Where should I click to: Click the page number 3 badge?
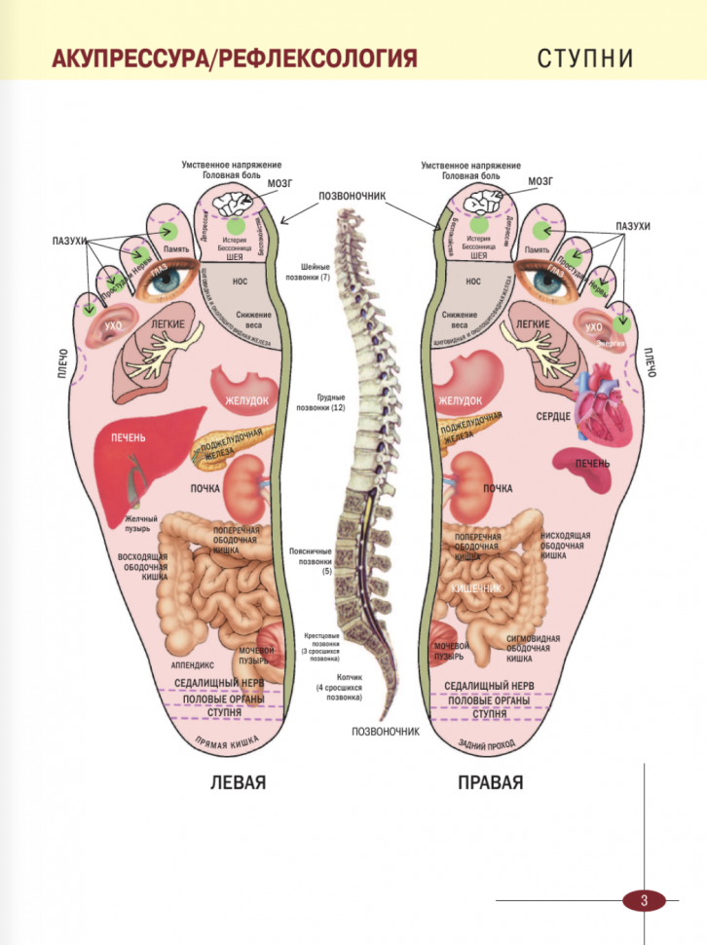coord(643,899)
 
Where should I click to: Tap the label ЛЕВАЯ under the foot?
coord(239,782)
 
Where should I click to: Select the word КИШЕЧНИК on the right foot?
coord(475,589)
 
